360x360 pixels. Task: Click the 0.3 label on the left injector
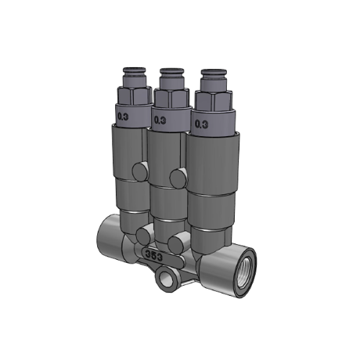[123, 117]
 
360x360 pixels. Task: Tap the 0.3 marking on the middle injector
[160, 121]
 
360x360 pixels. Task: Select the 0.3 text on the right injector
[202, 124]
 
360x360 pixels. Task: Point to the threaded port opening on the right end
[246, 275]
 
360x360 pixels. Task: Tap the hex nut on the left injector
[135, 95]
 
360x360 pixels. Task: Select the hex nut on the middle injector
[171, 98]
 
